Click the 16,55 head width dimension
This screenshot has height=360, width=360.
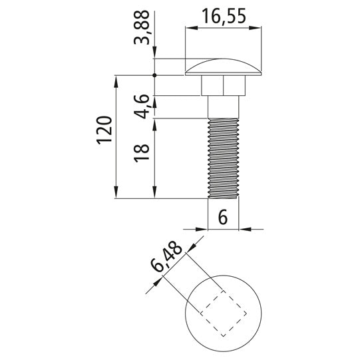[224, 16]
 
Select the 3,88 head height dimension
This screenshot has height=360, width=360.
[142, 27]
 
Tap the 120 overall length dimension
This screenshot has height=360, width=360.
[104, 130]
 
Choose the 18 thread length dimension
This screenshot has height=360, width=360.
[142, 153]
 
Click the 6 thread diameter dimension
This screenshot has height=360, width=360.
[223, 217]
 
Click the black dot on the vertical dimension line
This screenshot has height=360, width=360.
[154, 75]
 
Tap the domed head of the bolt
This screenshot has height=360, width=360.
[223, 68]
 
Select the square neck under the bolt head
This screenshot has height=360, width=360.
[223, 85]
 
